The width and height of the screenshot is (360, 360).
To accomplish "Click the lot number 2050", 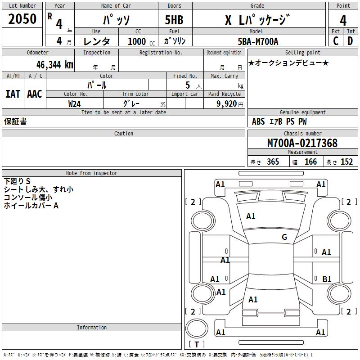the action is click(x=22, y=19).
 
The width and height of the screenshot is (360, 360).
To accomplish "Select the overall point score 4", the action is click(x=343, y=21).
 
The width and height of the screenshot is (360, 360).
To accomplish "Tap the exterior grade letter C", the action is click(x=336, y=41).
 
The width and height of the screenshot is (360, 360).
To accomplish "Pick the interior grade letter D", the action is click(x=350, y=41).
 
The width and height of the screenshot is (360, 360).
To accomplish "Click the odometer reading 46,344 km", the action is click(x=54, y=65).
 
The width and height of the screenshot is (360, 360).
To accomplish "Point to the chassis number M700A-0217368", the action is click(x=302, y=143).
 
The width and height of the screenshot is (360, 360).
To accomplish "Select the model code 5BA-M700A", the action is click(x=258, y=41).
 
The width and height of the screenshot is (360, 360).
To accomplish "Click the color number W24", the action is click(x=74, y=104).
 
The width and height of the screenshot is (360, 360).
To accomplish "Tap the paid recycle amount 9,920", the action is click(x=227, y=104).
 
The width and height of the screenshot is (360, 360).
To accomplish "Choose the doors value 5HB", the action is click(x=174, y=20).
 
